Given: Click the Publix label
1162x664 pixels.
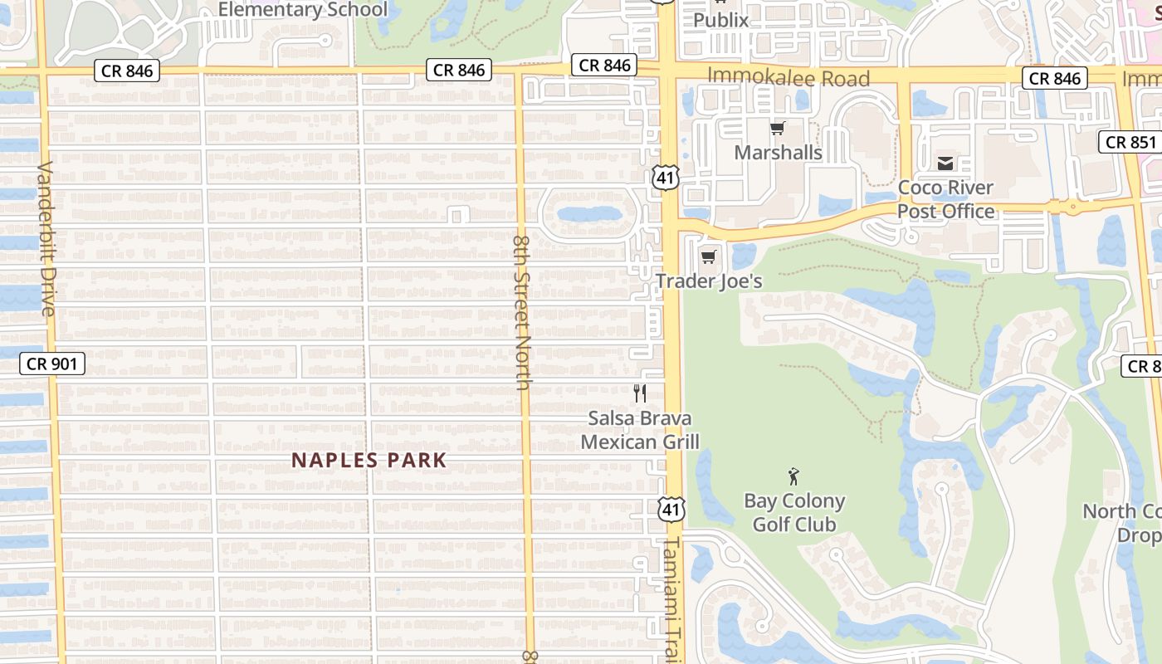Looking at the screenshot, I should (720, 19).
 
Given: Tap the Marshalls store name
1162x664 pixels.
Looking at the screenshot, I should (778, 153).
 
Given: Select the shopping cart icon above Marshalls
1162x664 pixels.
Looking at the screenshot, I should (778, 128).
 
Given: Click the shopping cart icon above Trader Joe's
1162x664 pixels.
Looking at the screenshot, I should (708, 256).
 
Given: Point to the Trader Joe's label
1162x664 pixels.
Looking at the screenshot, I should (709, 281).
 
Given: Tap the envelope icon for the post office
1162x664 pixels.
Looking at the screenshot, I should (945, 163).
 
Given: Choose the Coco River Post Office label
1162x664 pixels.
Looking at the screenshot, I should (945, 199).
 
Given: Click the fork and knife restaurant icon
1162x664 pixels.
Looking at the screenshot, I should (640, 393).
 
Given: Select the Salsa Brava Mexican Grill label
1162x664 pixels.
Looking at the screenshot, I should (640, 430).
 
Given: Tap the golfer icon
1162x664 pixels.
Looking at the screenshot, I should (793, 476).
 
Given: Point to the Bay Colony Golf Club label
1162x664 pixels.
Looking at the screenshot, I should (794, 513).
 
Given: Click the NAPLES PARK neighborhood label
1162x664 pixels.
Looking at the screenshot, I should (369, 461).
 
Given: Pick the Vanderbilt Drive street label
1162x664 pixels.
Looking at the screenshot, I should (46, 238).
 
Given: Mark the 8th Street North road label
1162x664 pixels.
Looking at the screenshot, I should (522, 311).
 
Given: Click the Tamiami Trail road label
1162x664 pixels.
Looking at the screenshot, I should (671, 598).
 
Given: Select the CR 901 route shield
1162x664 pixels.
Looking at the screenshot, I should (51, 364).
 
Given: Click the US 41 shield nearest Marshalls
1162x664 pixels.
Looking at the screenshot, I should (666, 177).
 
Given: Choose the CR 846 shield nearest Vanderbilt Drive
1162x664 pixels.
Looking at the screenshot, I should (127, 71).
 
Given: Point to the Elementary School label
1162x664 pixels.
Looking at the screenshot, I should (303, 10).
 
